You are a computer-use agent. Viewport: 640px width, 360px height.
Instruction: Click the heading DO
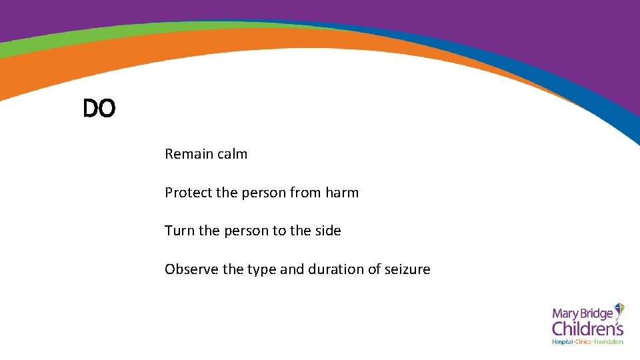tap(99, 109)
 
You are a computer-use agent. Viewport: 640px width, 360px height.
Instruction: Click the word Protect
tap(188, 193)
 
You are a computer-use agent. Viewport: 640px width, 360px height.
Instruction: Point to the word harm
tap(342, 193)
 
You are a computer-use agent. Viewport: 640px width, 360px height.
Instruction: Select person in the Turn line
tap(245, 231)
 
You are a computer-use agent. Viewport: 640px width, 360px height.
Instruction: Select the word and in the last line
tap(292, 269)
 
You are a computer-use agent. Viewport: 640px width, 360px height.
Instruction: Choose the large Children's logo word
tap(587, 329)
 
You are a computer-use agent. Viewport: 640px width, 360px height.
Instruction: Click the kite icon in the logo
tap(619, 309)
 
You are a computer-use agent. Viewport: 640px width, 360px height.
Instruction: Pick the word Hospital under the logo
tap(563, 342)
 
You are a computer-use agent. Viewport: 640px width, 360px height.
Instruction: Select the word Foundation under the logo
tap(608, 342)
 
